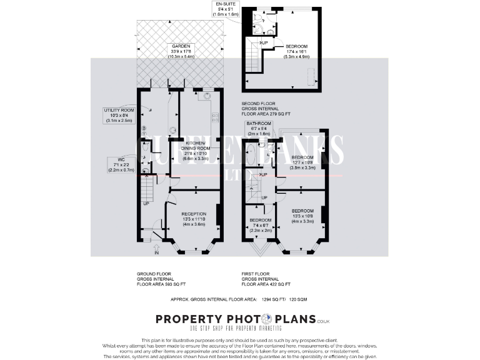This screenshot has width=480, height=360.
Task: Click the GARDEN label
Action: pos(181,46)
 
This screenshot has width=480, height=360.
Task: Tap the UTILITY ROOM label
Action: pos(119,110)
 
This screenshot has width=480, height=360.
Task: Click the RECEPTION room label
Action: pos(193,214)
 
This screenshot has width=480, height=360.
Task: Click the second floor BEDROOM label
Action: pos(297,46)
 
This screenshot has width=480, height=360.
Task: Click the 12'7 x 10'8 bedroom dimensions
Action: pos(302,162)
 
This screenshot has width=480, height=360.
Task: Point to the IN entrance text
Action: pos(157,253)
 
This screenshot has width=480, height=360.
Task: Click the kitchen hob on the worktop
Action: pos(214,116)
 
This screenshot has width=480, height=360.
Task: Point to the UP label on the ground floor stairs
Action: pos(146,204)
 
